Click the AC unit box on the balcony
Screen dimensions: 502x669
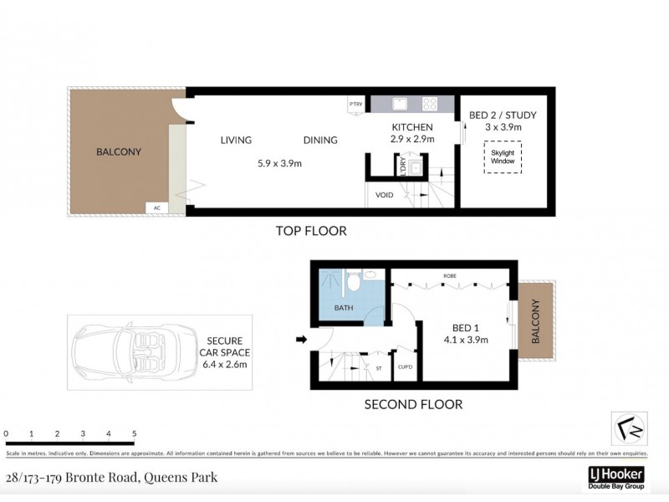pyautogui.click(x=156, y=207)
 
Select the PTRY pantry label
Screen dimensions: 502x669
pyautogui.click(x=356, y=105)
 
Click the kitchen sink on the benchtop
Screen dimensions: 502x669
pyautogui.click(x=400, y=105)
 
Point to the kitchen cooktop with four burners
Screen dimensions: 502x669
pyautogui.click(x=431, y=105)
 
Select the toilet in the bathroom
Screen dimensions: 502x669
pyautogui.click(x=355, y=281)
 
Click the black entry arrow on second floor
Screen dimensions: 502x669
pyautogui.click(x=301, y=339)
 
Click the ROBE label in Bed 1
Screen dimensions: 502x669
pyautogui.click(x=449, y=276)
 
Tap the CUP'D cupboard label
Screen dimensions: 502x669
pyautogui.click(x=405, y=366)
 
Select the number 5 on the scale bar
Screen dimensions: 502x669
pyautogui.click(x=135, y=433)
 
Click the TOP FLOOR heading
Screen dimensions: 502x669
pyautogui.click(x=310, y=231)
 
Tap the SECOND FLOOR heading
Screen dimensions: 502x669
pyautogui.click(x=413, y=405)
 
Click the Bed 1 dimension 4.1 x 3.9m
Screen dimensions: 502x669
pyautogui.click(x=466, y=340)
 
